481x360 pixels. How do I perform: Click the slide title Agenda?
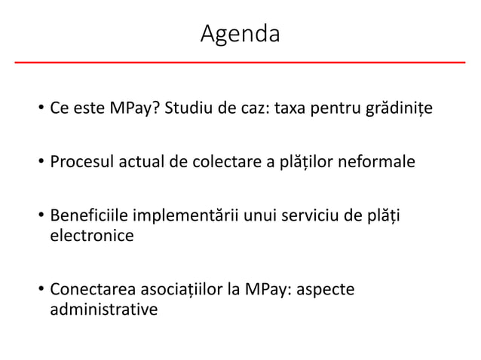coord(240,34)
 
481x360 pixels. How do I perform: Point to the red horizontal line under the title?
coord(240,62)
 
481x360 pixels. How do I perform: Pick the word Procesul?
coord(82,161)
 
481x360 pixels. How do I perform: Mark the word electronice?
coord(91,236)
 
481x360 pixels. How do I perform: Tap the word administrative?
coord(104,309)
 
